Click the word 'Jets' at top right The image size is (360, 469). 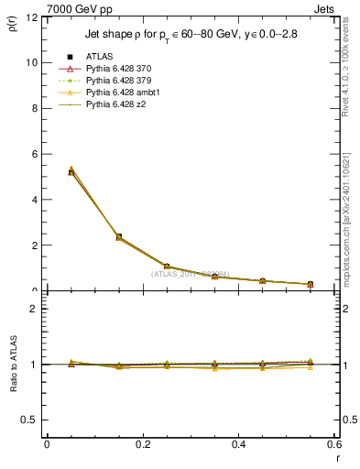pos(326,7)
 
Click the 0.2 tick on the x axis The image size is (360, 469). pos(143,443)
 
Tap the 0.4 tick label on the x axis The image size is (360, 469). pos(239,443)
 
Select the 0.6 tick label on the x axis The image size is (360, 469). pos(334,443)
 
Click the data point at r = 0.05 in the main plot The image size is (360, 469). pos(71,171)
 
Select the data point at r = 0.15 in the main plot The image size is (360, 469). pos(119,236)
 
